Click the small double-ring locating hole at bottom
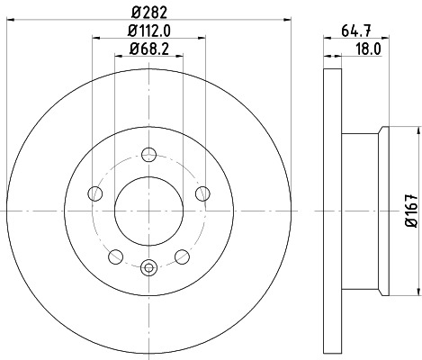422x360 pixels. [x=149, y=265]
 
